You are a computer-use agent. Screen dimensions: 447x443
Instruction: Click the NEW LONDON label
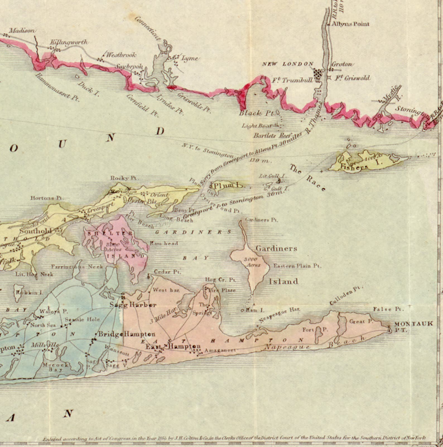tap(288, 64)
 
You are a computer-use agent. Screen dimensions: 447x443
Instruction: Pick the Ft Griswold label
tap(353, 78)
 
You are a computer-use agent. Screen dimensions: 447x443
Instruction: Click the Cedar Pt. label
tap(167, 272)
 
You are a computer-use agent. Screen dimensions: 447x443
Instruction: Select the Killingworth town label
tap(69, 42)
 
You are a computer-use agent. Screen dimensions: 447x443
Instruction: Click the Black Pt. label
tap(257, 113)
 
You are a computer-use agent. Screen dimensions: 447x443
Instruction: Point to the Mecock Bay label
tap(56, 367)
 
